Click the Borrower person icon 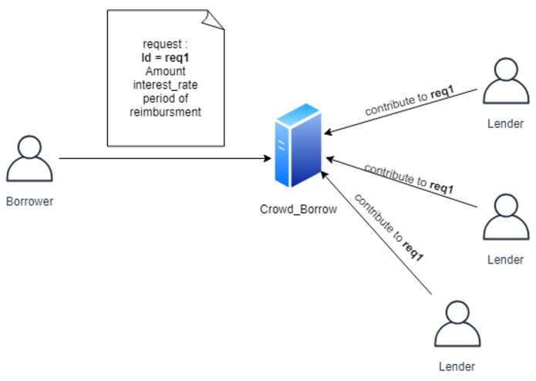click(29, 159)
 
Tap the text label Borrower click(30, 201)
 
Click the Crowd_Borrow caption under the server click(299, 208)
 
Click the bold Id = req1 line click(165, 58)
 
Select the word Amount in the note click(165, 72)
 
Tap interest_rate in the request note click(165, 85)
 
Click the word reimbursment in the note click(165, 113)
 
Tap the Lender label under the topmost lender click(506, 123)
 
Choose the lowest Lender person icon click(457, 323)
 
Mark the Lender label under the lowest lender click(457, 366)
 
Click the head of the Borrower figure click(29, 147)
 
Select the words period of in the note click(165, 99)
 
